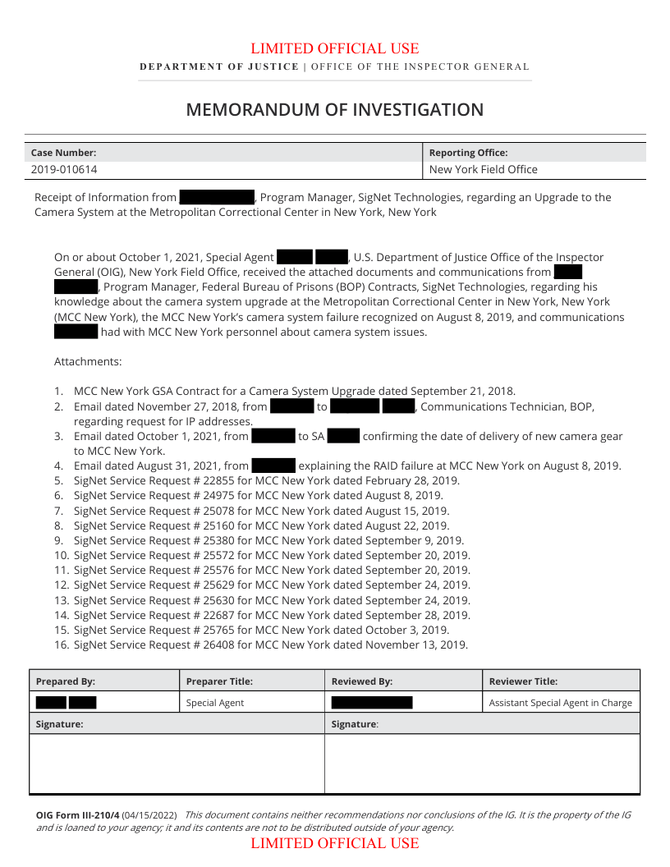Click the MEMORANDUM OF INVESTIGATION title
tap(334, 110)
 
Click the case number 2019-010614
tap(65, 170)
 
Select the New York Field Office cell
tap(484, 170)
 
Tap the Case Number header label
tap(63, 153)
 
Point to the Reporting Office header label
tap(469, 153)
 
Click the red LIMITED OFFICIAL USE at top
tap(334, 49)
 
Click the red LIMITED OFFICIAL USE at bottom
tap(334, 844)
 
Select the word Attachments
tap(88, 362)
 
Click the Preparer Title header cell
tap(219, 681)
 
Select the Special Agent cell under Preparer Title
tap(215, 703)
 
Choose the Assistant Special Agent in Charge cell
tap(561, 703)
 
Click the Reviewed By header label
tap(362, 681)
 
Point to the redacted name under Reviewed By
tap(372, 703)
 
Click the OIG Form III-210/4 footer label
tap(77, 815)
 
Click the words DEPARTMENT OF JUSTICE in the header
tap(219, 67)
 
